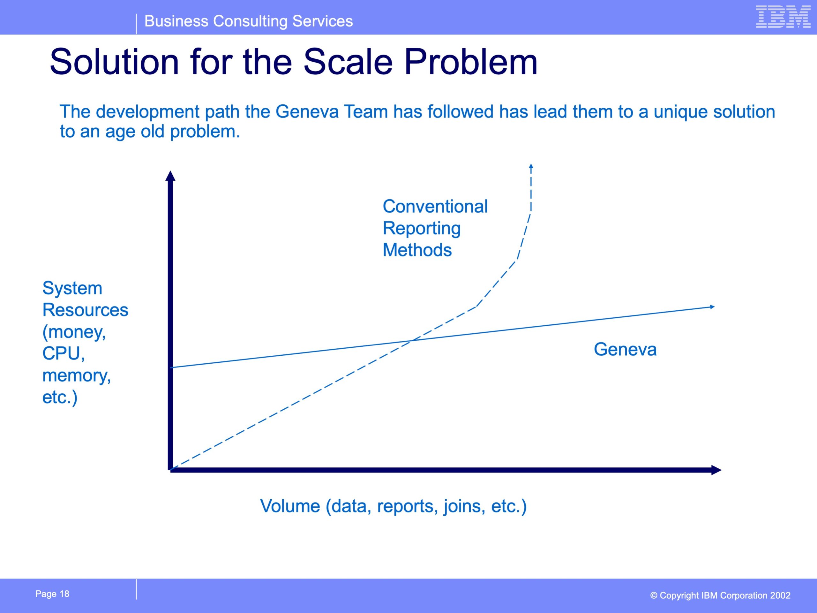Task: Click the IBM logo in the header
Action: (783, 17)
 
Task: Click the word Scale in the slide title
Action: (348, 62)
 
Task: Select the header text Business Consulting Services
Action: (249, 21)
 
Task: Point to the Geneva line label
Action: (625, 349)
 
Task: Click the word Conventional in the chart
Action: (435, 206)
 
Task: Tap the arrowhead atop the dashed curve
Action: (531, 166)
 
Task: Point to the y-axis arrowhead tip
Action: (170, 171)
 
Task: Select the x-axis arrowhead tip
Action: (721, 470)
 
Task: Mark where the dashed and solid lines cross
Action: (412, 340)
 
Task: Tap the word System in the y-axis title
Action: (72, 288)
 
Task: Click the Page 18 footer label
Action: (52, 594)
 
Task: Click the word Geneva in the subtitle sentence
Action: (307, 112)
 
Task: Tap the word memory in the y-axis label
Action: (77, 376)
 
